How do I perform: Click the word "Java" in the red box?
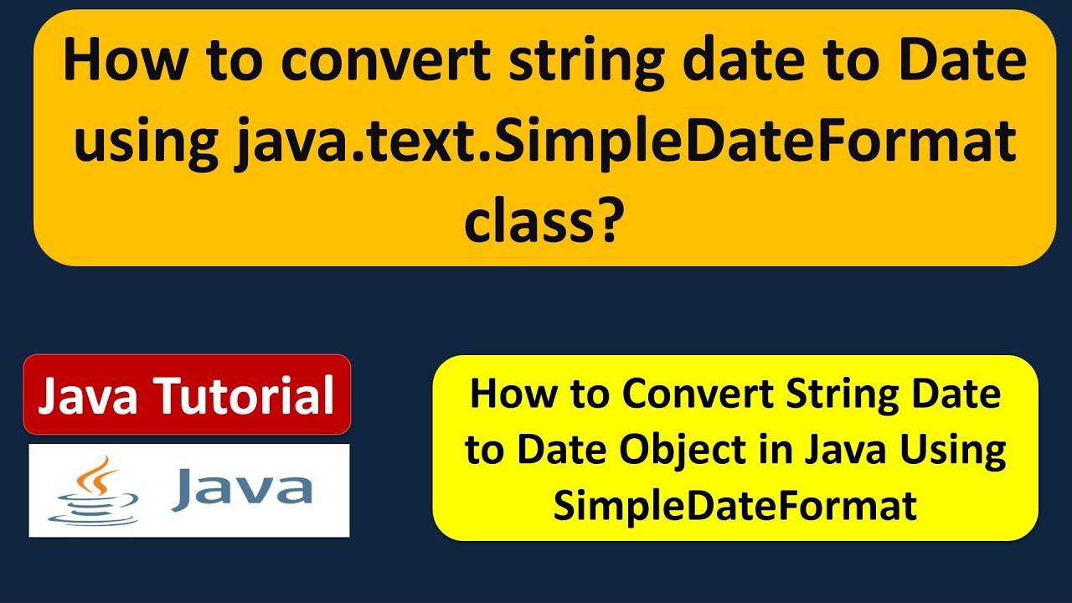(87, 396)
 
